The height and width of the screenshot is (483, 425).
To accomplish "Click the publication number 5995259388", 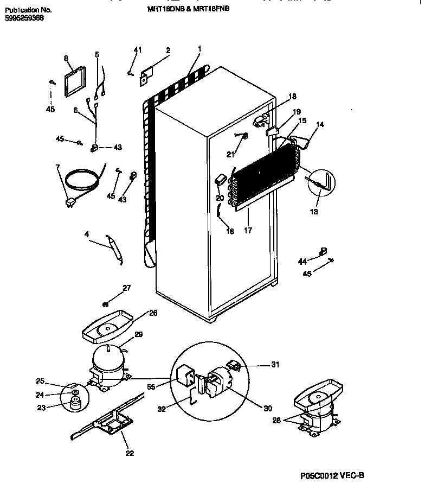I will point(24,18).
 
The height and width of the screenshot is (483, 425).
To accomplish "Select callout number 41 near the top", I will point(137,50).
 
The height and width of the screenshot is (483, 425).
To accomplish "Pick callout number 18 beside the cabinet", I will point(292,97).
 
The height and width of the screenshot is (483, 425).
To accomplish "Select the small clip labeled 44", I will point(324,251).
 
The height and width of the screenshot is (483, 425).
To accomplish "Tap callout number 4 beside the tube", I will point(87,235).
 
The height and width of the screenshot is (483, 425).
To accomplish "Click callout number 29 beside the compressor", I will point(138,335).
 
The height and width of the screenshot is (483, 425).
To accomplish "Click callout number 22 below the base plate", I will point(130,453).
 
